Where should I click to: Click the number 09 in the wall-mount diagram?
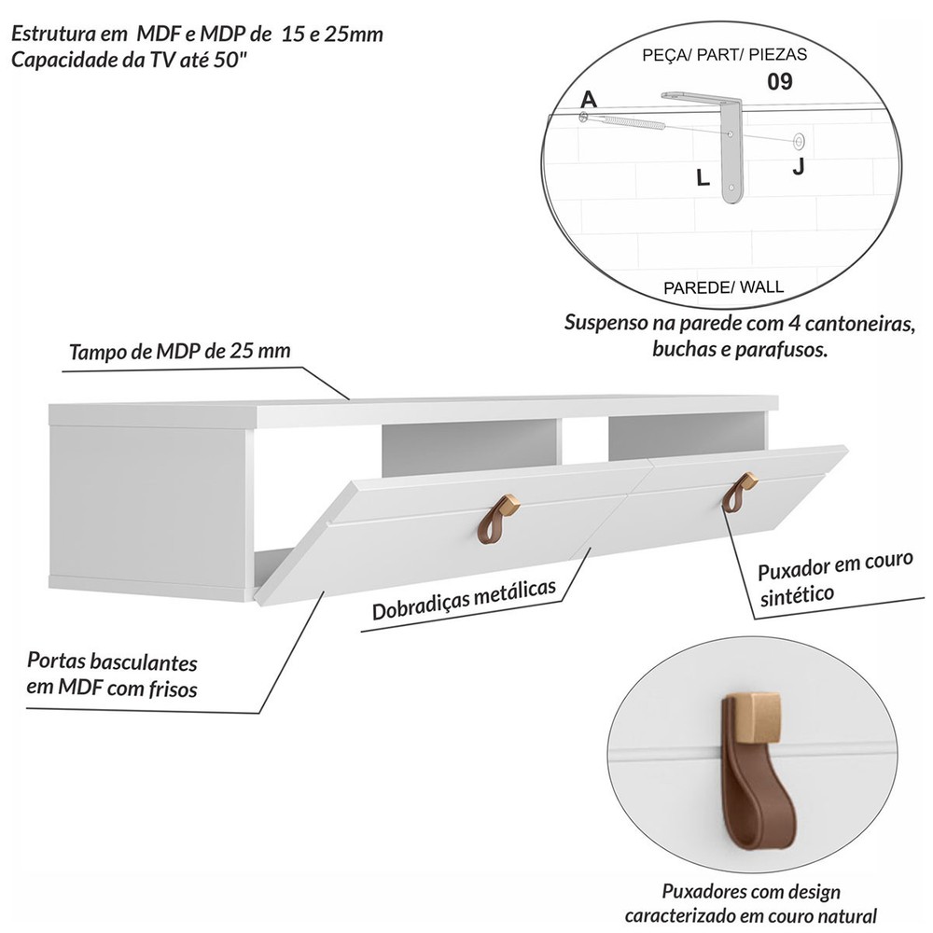click(779, 81)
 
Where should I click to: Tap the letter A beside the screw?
click(588, 99)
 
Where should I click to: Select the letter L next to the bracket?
click(703, 177)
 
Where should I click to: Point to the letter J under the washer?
click(798, 167)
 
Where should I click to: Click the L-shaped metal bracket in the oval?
click(730, 148)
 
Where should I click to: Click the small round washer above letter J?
click(798, 141)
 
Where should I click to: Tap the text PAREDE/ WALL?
click(724, 287)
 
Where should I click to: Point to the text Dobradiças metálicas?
click(464, 599)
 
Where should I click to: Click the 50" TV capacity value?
click(230, 60)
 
